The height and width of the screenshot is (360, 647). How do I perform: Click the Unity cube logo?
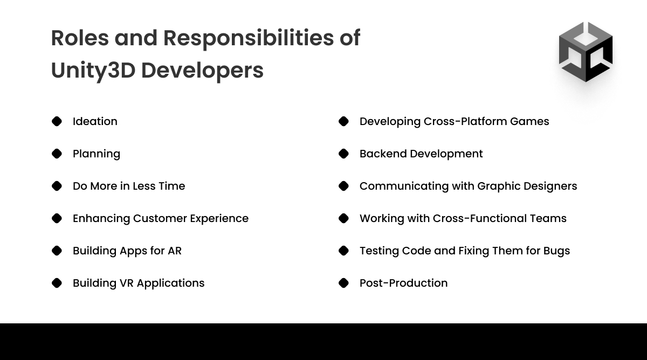point(586,52)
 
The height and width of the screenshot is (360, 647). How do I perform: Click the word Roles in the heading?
point(79,38)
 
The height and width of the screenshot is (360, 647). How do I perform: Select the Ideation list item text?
point(95,121)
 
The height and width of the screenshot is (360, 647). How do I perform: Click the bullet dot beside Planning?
point(57,154)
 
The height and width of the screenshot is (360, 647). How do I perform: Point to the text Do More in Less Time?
point(129,186)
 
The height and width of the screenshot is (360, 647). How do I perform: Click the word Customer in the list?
point(161,218)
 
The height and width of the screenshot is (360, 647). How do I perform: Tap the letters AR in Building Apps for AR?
point(174,251)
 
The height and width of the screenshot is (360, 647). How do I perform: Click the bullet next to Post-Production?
point(343,283)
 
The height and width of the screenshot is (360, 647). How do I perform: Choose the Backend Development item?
point(421,154)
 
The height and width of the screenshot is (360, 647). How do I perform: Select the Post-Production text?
point(403,283)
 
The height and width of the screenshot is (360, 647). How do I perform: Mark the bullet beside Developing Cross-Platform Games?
point(343,121)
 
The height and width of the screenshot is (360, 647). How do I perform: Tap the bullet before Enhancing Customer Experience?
point(57,218)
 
